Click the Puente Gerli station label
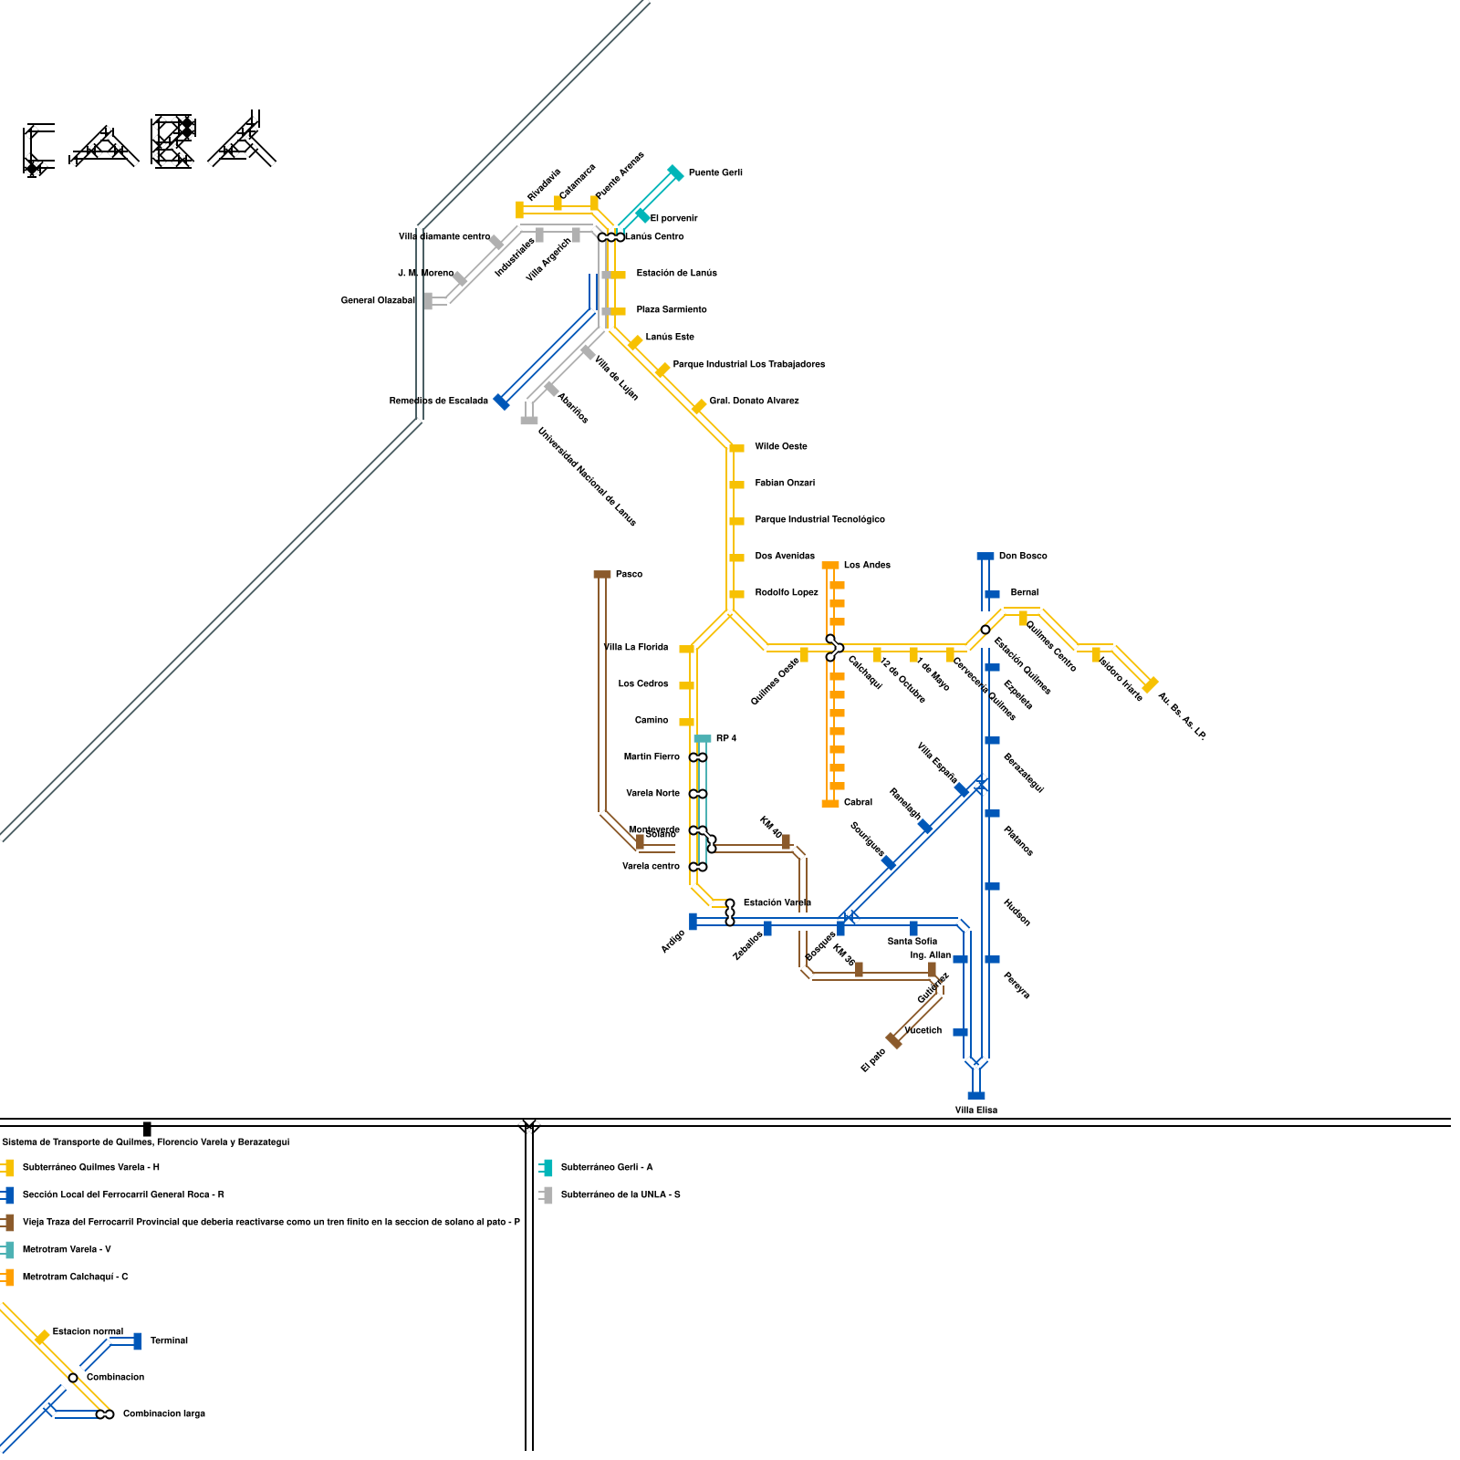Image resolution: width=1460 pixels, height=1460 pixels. tap(715, 172)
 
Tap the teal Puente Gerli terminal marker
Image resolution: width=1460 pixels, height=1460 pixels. tap(675, 172)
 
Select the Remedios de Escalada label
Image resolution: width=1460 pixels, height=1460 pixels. tap(438, 401)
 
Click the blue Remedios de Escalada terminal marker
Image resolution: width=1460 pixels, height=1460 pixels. tap(501, 401)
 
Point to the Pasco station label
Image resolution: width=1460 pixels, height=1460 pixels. tap(629, 574)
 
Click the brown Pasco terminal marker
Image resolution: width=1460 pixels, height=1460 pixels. tap(602, 574)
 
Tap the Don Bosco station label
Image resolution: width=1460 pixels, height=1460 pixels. tap(1023, 556)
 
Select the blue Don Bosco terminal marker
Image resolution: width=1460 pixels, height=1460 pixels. tap(985, 556)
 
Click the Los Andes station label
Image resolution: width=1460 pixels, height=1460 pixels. tap(867, 565)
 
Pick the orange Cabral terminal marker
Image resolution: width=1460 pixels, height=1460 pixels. tap(830, 804)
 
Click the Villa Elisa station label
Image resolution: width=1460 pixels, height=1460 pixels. tap(975, 1110)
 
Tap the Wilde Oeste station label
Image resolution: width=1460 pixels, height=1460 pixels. tap(781, 446)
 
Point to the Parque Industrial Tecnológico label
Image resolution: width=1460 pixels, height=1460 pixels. tap(819, 519)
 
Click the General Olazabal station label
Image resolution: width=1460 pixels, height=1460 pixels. tap(378, 300)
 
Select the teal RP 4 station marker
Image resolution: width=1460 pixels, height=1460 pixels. tap(703, 738)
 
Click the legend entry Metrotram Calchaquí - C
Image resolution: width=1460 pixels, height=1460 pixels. tap(75, 1277)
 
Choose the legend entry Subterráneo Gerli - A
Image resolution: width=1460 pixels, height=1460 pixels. tap(607, 1167)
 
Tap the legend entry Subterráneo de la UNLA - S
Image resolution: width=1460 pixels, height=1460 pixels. tap(620, 1194)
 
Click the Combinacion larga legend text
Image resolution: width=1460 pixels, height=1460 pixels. tap(164, 1413)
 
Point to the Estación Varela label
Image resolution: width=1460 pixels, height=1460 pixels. tap(777, 902)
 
